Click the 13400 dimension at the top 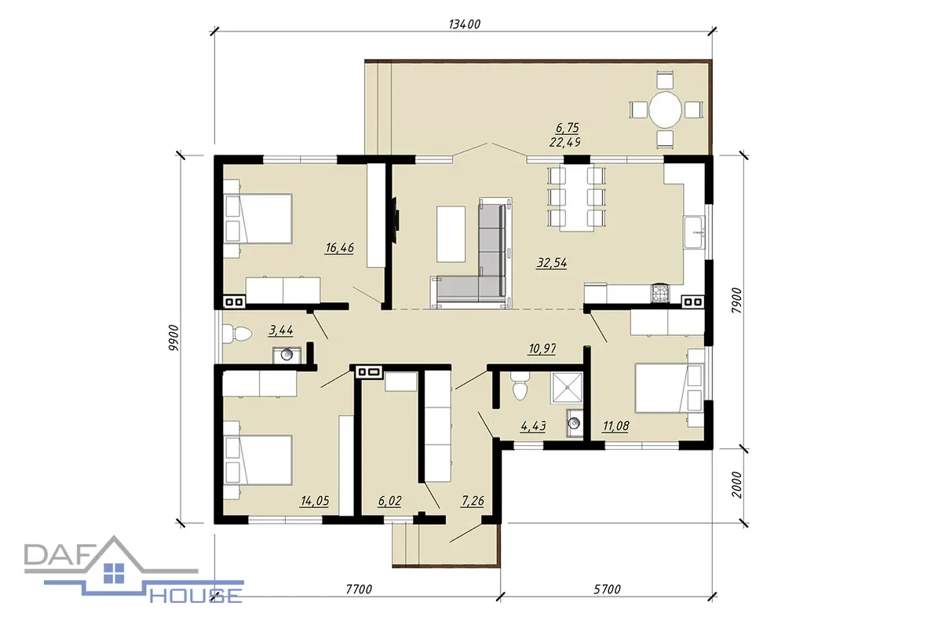(464, 24)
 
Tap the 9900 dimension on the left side (173, 338)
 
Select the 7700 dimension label (359, 590)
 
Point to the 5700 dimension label (607, 590)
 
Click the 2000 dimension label (737, 484)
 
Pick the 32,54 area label (552, 263)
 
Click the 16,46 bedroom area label (339, 248)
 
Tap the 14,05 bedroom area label (315, 501)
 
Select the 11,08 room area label (616, 426)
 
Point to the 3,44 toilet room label (281, 330)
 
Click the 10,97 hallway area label (542, 349)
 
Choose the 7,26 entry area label (473, 501)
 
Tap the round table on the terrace (665, 110)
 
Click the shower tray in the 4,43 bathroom (566, 389)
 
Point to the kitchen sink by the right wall (694, 232)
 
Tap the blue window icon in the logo (114, 573)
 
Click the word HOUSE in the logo (196, 596)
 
